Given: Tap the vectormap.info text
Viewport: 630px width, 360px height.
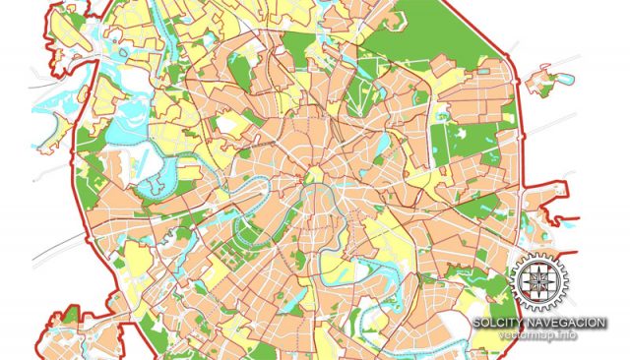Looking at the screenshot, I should tap(537, 335).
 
